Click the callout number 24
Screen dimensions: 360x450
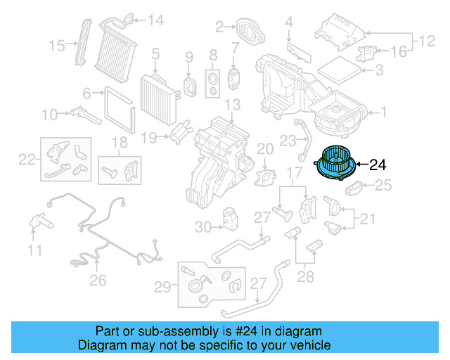[x=378, y=165]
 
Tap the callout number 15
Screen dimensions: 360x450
[x=57, y=46]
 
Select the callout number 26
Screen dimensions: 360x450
[x=98, y=281]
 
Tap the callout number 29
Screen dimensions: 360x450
[x=162, y=286]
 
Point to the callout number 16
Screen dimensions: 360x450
[x=398, y=51]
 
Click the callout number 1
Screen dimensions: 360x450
[x=384, y=111]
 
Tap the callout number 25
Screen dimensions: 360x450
[x=382, y=186]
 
